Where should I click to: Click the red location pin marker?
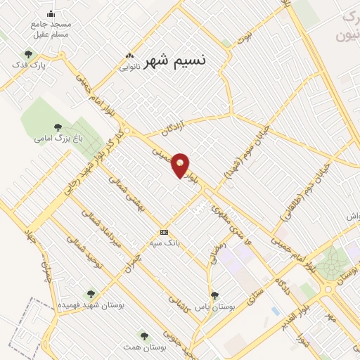tap(181, 165)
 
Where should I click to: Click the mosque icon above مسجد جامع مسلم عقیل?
tap(50, 13)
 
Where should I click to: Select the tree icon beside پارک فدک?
tap(29, 54)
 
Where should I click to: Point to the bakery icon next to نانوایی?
tap(129, 56)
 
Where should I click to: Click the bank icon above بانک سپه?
tap(164, 232)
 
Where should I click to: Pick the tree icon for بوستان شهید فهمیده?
tap(90, 294)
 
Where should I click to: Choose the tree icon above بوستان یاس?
tap(214, 295)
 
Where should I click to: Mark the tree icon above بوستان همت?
tap(145, 336)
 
